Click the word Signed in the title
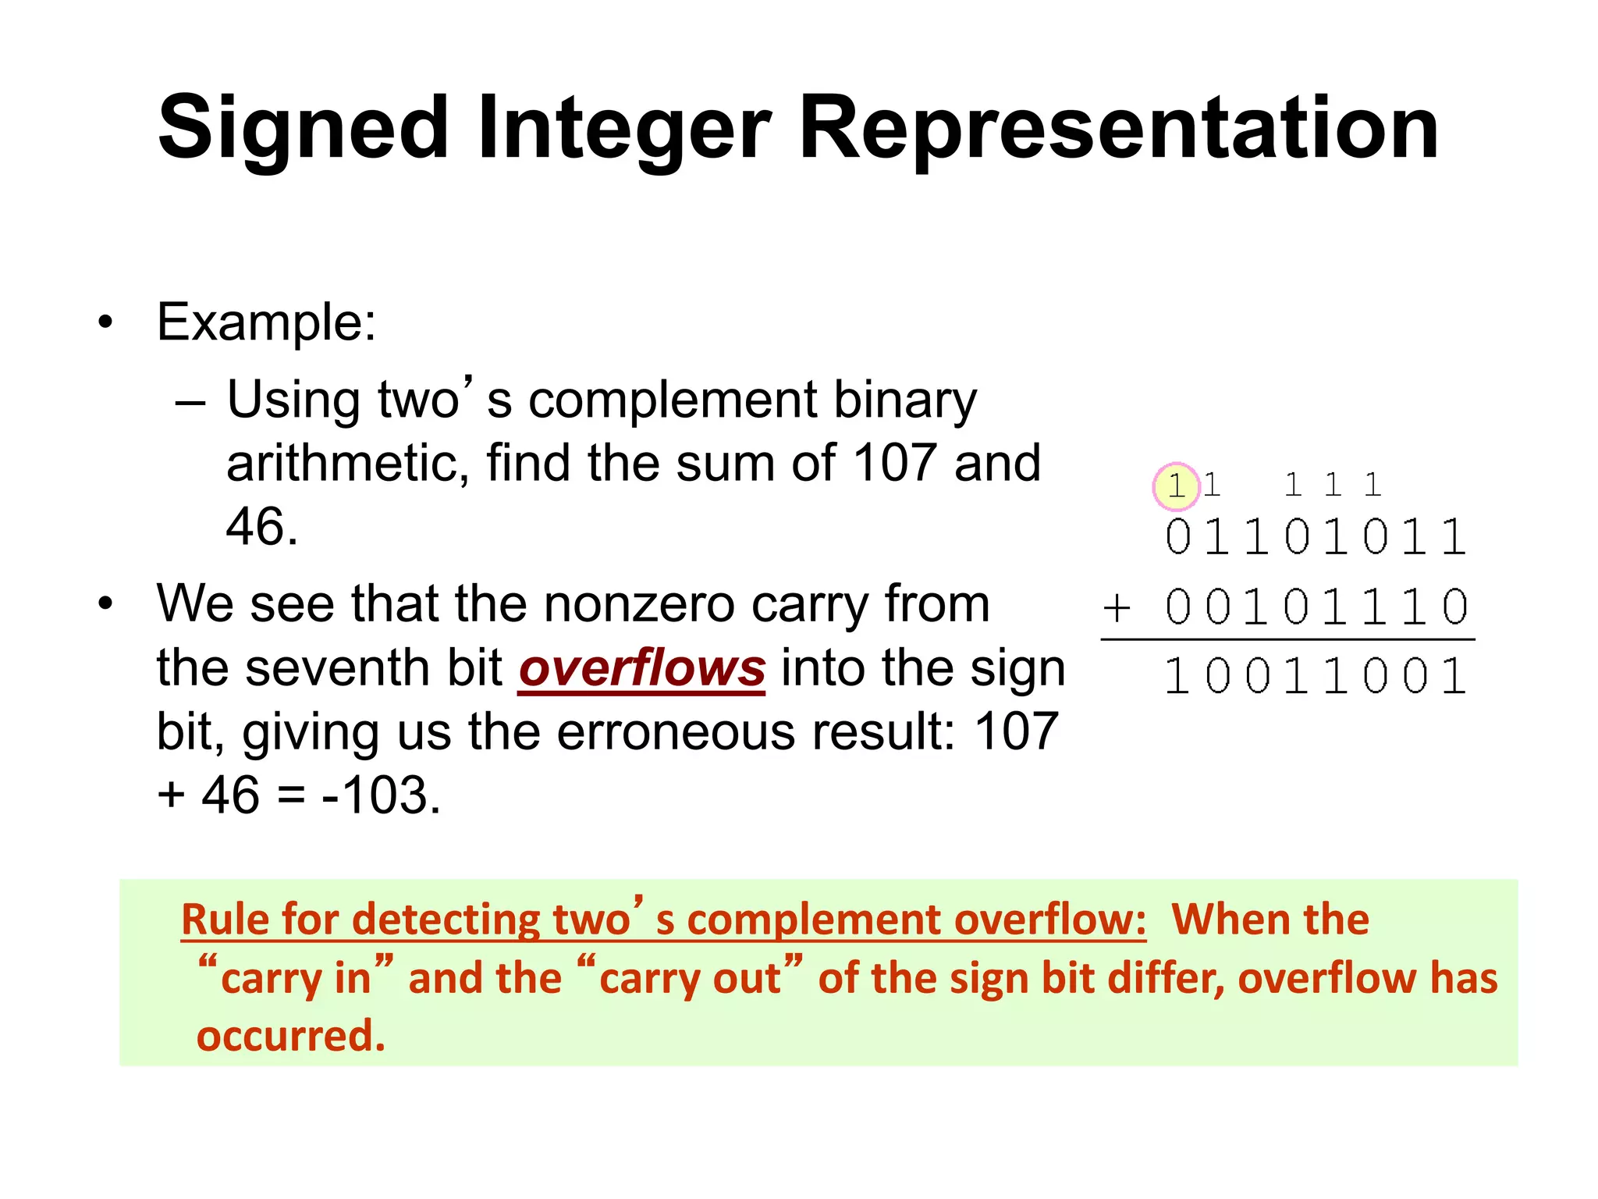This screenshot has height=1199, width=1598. [303, 128]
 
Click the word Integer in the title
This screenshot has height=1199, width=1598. [623, 128]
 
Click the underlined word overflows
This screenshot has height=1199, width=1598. [642, 669]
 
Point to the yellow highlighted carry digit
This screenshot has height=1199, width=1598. [1176, 486]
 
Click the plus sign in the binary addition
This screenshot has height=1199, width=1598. [1117, 607]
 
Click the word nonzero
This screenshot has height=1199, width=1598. [639, 604]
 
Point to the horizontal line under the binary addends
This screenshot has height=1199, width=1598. [1287, 639]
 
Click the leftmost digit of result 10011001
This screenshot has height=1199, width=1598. [1176, 676]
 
